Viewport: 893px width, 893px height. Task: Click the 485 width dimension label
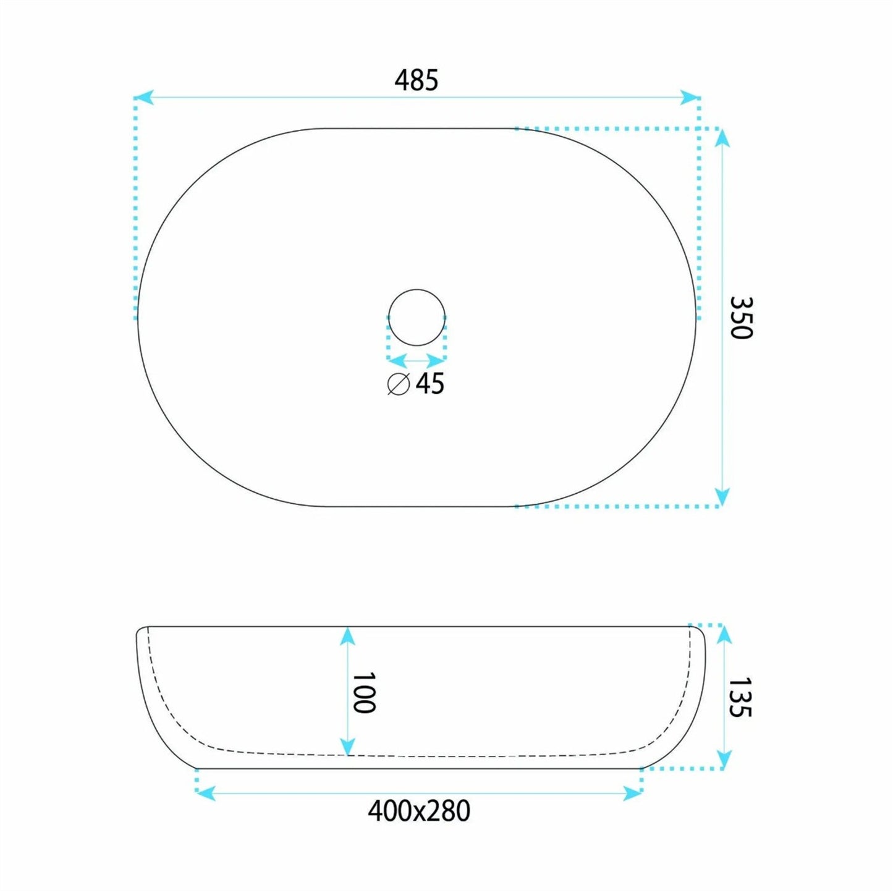[x=416, y=80]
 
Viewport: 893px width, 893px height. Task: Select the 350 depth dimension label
[x=742, y=318]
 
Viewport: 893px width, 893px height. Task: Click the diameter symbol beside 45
[x=399, y=384]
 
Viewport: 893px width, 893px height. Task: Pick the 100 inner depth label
[x=363, y=693]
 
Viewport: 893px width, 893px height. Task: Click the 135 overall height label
[x=740, y=698]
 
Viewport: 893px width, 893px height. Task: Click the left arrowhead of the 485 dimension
[x=143, y=98]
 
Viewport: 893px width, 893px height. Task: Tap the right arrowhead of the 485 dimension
[x=690, y=98]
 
